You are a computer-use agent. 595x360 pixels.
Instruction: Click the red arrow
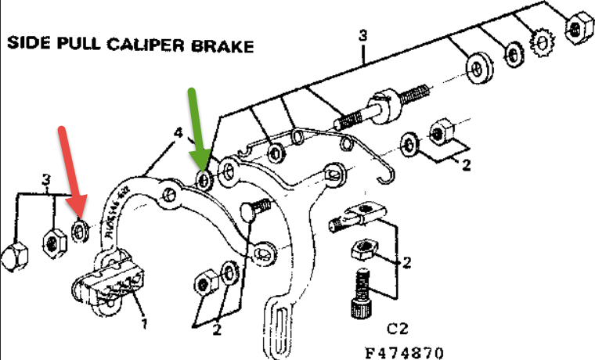(x=70, y=172)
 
